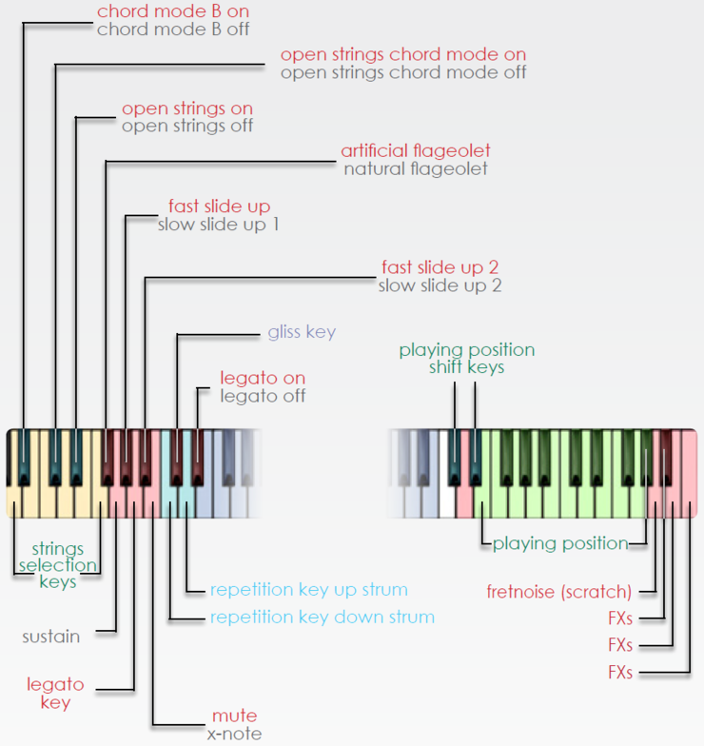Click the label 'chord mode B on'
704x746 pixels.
[x=173, y=11]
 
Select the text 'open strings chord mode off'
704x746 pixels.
[x=402, y=72]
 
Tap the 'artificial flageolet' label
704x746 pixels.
[x=416, y=151]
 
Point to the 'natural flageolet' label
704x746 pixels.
[x=416, y=169]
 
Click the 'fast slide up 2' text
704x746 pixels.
[x=440, y=267]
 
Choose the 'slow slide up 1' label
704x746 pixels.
[x=218, y=225]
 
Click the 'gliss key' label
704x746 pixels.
[x=302, y=332]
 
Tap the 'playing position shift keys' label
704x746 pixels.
[x=466, y=359]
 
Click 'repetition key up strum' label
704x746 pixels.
[x=308, y=590]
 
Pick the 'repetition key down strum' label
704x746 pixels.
[x=322, y=618]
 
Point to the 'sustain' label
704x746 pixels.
[x=51, y=636]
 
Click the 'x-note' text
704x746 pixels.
[x=234, y=734]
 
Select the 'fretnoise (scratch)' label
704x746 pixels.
[x=558, y=593]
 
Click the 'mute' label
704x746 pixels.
[x=234, y=716]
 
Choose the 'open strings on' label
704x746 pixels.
[x=187, y=108]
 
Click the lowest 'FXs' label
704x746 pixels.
[x=620, y=673]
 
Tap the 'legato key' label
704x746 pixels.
[x=56, y=694]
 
